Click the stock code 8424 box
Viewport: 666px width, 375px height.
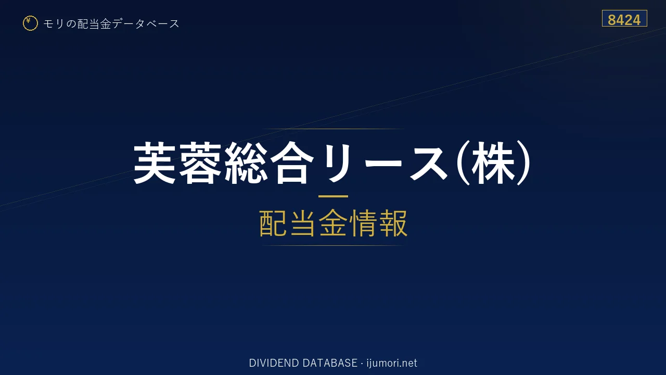(624, 18)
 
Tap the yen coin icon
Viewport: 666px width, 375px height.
(30, 23)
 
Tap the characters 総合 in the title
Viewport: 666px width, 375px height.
(270, 162)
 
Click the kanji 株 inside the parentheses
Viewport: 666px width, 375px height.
(493, 162)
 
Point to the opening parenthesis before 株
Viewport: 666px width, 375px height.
(463, 162)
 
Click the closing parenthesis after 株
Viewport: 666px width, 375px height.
(524, 162)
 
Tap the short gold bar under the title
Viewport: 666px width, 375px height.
(333, 196)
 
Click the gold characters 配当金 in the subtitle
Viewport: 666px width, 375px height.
(303, 223)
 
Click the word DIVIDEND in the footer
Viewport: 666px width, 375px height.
(274, 363)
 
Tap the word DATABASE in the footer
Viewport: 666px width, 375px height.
(330, 363)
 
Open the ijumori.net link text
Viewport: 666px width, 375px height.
(392, 364)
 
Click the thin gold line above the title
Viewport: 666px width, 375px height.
(333, 129)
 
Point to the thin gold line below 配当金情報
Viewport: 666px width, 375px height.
(333, 245)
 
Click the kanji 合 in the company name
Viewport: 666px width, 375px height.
(292, 162)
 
